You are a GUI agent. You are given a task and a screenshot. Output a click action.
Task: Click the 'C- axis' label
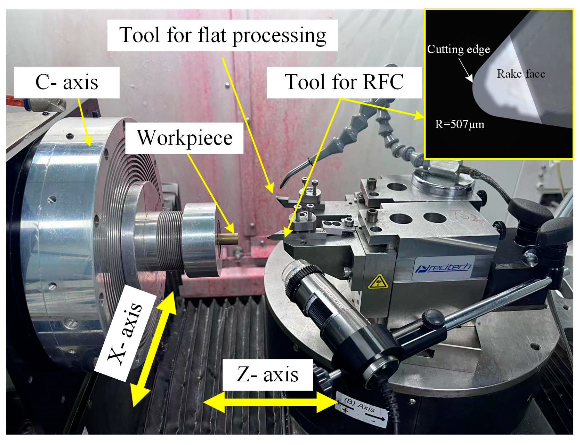tap(67, 82)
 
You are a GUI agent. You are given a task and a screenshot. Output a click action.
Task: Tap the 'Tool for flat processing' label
tap(222, 35)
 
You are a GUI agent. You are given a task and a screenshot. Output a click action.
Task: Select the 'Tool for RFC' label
tap(344, 82)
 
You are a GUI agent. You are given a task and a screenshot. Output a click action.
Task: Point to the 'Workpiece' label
tap(185, 138)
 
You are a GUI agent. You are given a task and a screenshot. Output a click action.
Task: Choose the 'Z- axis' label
tap(267, 375)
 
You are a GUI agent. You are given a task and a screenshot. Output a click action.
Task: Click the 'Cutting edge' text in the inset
tap(458, 49)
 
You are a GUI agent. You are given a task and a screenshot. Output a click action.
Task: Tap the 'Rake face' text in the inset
tap(521, 74)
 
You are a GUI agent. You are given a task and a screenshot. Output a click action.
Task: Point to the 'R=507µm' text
tap(459, 124)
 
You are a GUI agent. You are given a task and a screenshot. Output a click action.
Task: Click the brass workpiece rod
tap(228, 239)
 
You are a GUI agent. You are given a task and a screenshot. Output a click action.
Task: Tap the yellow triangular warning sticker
tap(378, 282)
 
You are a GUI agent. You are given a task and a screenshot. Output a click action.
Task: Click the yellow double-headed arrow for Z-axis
tap(270, 402)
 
